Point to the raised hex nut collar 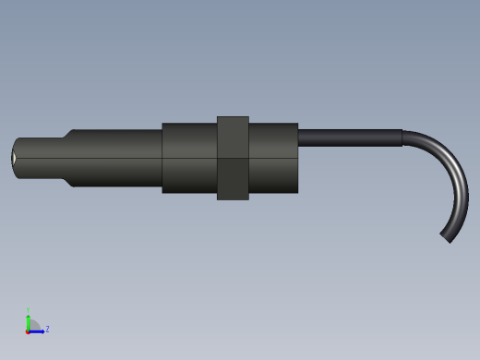pyautogui.click(x=233, y=158)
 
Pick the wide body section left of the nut pyautogui.click(x=189, y=158)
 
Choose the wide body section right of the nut pyautogui.click(x=273, y=158)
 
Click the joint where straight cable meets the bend pyautogui.click(x=402, y=138)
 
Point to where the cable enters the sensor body pyautogui.click(x=299, y=138)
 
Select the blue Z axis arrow pyautogui.click(x=39, y=330)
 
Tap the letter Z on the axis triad pyautogui.click(x=47, y=329)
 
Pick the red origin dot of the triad pyautogui.click(x=28, y=330)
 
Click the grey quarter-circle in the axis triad pyautogui.click(x=33, y=325)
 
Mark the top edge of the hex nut pyautogui.click(x=233, y=117)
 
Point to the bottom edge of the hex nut pyautogui.click(x=233, y=198)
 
